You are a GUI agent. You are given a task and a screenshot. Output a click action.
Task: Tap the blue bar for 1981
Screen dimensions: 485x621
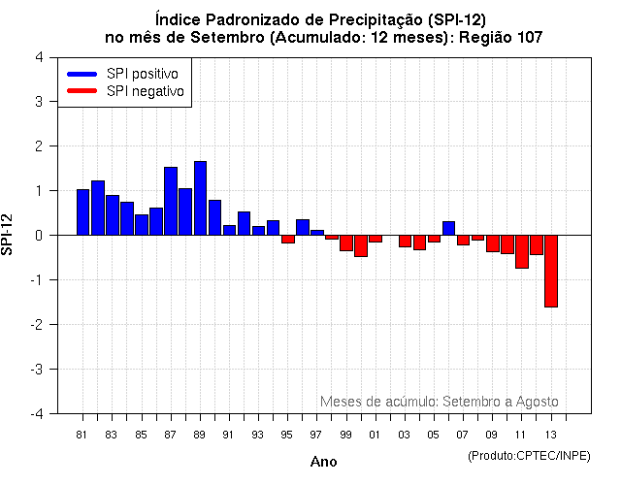click(82, 212)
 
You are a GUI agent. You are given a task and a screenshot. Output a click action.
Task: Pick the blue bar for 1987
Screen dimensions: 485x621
click(171, 201)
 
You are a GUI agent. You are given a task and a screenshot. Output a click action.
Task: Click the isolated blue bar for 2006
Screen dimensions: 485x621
click(448, 228)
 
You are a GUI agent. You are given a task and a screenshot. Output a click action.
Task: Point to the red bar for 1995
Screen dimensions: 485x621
click(288, 239)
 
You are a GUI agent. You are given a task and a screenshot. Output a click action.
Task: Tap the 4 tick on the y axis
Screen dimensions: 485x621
click(38, 57)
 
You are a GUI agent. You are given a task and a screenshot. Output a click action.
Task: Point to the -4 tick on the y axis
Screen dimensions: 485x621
click(36, 414)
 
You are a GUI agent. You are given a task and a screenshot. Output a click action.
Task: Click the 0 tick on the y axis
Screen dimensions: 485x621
click(38, 236)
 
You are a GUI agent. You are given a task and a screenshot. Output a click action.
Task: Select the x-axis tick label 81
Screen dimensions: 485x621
click(82, 435)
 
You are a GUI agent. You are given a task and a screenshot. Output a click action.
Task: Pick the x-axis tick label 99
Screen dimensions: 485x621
click(346, 435)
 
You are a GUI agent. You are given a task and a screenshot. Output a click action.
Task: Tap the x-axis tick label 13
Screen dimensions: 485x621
click(551, 435)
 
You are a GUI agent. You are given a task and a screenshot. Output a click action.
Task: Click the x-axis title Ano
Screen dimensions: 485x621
click(323, 462)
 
